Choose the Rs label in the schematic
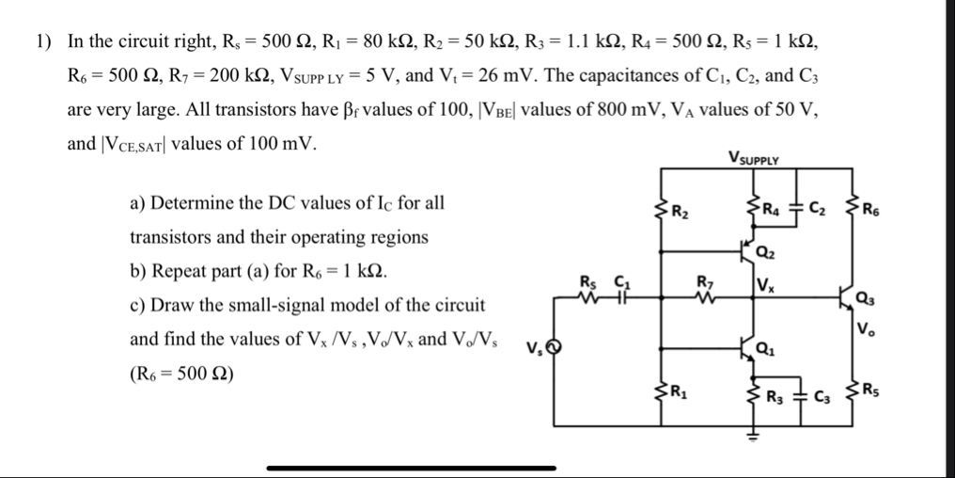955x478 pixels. (587, 279)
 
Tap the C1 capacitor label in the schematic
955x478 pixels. (619, 279)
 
